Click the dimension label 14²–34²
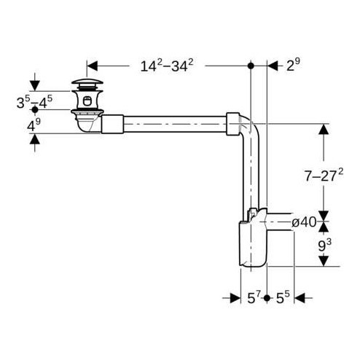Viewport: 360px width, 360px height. [166, 66]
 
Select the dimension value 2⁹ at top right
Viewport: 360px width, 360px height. [293, 66]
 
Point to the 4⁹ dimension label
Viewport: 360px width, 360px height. [34, 125]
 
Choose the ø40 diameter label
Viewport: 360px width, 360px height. [305, 222]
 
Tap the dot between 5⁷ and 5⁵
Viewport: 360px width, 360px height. [267, 298]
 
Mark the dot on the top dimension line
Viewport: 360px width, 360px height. [251, 66]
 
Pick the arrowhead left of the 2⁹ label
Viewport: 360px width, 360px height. [274, 66]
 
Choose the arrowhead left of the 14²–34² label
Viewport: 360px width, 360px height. [93, 66]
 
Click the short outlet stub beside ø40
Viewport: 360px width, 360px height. [278, 222]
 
